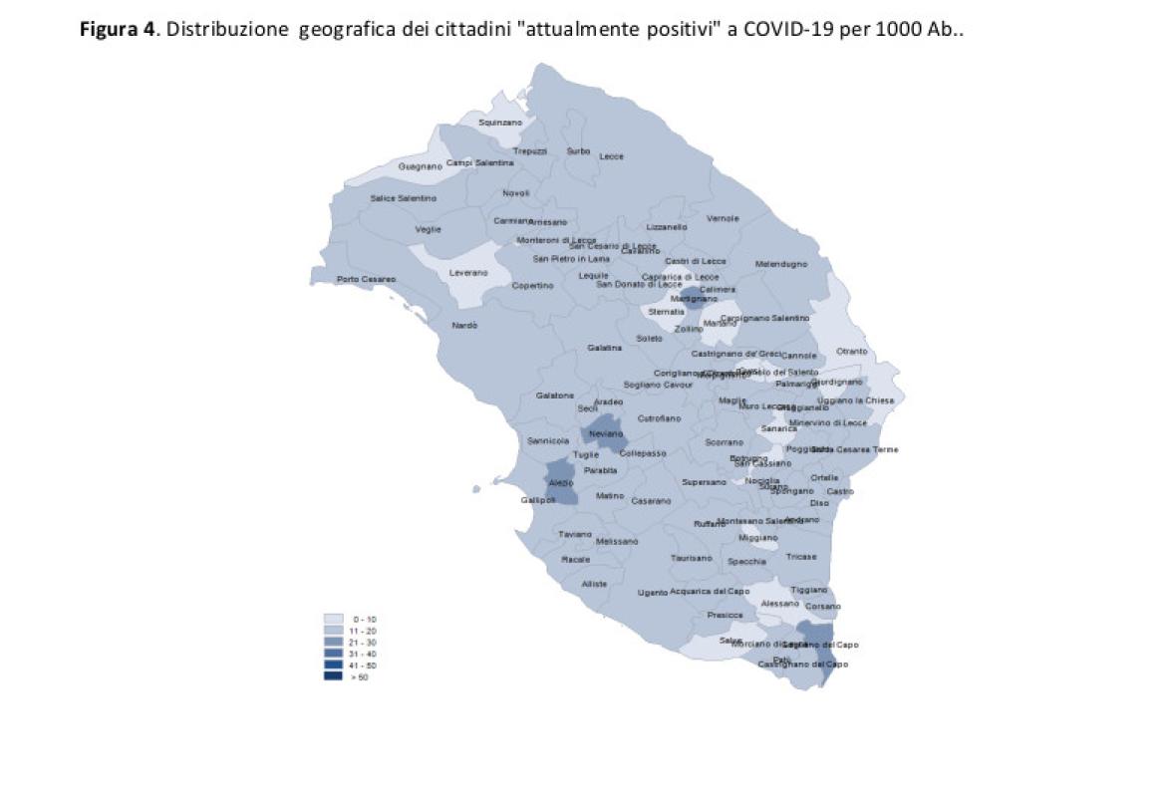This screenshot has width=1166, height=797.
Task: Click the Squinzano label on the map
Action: [500, 122]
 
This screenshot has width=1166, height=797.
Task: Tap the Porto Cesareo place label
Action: [366, 279]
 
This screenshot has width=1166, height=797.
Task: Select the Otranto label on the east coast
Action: [852, 351]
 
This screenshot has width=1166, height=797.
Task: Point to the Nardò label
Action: [464, 326]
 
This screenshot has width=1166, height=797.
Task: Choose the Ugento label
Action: [653, 593]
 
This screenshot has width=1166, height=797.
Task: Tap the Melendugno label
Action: [781, 264]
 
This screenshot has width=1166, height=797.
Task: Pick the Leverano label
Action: [468, 272]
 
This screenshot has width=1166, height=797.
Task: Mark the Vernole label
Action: [723, 218]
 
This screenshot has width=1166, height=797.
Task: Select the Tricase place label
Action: [801, 557]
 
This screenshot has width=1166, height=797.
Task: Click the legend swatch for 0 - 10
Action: [333, 620]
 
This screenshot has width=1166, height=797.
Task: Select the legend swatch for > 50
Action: [333, 676]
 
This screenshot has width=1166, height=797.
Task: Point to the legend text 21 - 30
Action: [364, 643]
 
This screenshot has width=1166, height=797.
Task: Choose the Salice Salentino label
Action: [403, 198]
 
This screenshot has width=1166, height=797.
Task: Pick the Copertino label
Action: [532, 286]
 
